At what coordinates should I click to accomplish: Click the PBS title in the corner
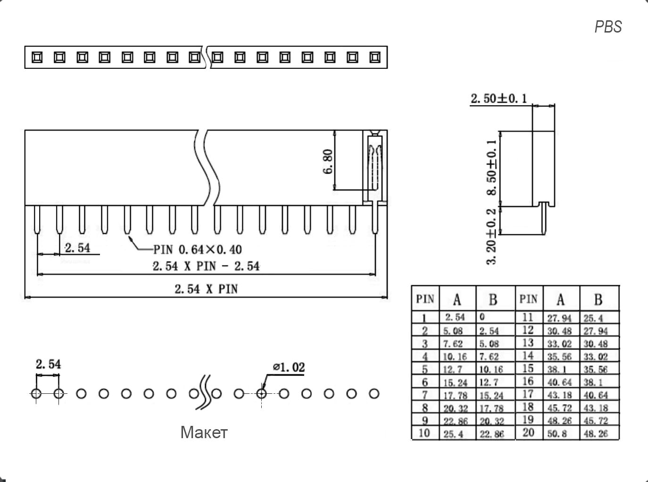click(x=608, y=27)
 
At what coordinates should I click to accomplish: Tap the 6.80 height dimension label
click(x=328, y=161)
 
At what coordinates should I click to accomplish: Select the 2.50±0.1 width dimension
click(x=498, y=99)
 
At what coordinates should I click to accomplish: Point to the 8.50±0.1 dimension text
click(x=492, y=167)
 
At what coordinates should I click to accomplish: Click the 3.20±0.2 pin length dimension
click(x=492, y=236)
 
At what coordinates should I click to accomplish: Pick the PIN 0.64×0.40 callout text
click(x=198, y=249)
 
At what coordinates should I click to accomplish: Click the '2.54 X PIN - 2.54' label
click(x=206, y=266)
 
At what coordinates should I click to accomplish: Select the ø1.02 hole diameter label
click(x=289, y=367)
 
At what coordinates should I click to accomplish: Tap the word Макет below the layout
click(x=204, y=432)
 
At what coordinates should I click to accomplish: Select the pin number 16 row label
click(x=528, y=381)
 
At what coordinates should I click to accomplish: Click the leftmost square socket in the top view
click(x=37, y=58)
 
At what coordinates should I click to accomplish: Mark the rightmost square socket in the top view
click(x=375, y=58)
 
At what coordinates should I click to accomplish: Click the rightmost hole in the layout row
click(x=374, y=393)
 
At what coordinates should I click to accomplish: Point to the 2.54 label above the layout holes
click(x=48, y=364)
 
